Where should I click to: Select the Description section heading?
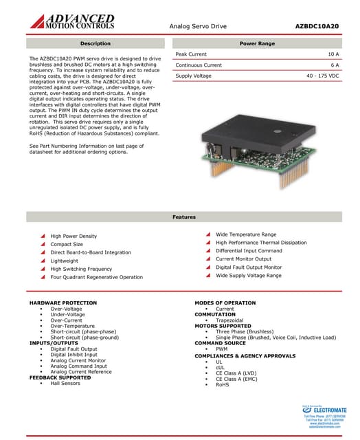(95, 43)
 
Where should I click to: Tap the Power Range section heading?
(257, 43)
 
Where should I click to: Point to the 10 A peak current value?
(333, 54)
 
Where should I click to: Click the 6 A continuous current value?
(335, 65)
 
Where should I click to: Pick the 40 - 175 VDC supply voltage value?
(322, 76)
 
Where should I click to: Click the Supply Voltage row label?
(194, 76)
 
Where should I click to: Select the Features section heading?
(183, 217)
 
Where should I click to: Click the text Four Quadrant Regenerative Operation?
(97, 277)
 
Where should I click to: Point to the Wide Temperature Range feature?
(246, 234)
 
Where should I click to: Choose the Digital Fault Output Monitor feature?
(249, 267)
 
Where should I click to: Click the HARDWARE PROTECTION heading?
(60, 303)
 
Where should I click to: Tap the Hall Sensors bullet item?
(65, 383)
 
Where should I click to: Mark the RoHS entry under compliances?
(222, 385)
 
